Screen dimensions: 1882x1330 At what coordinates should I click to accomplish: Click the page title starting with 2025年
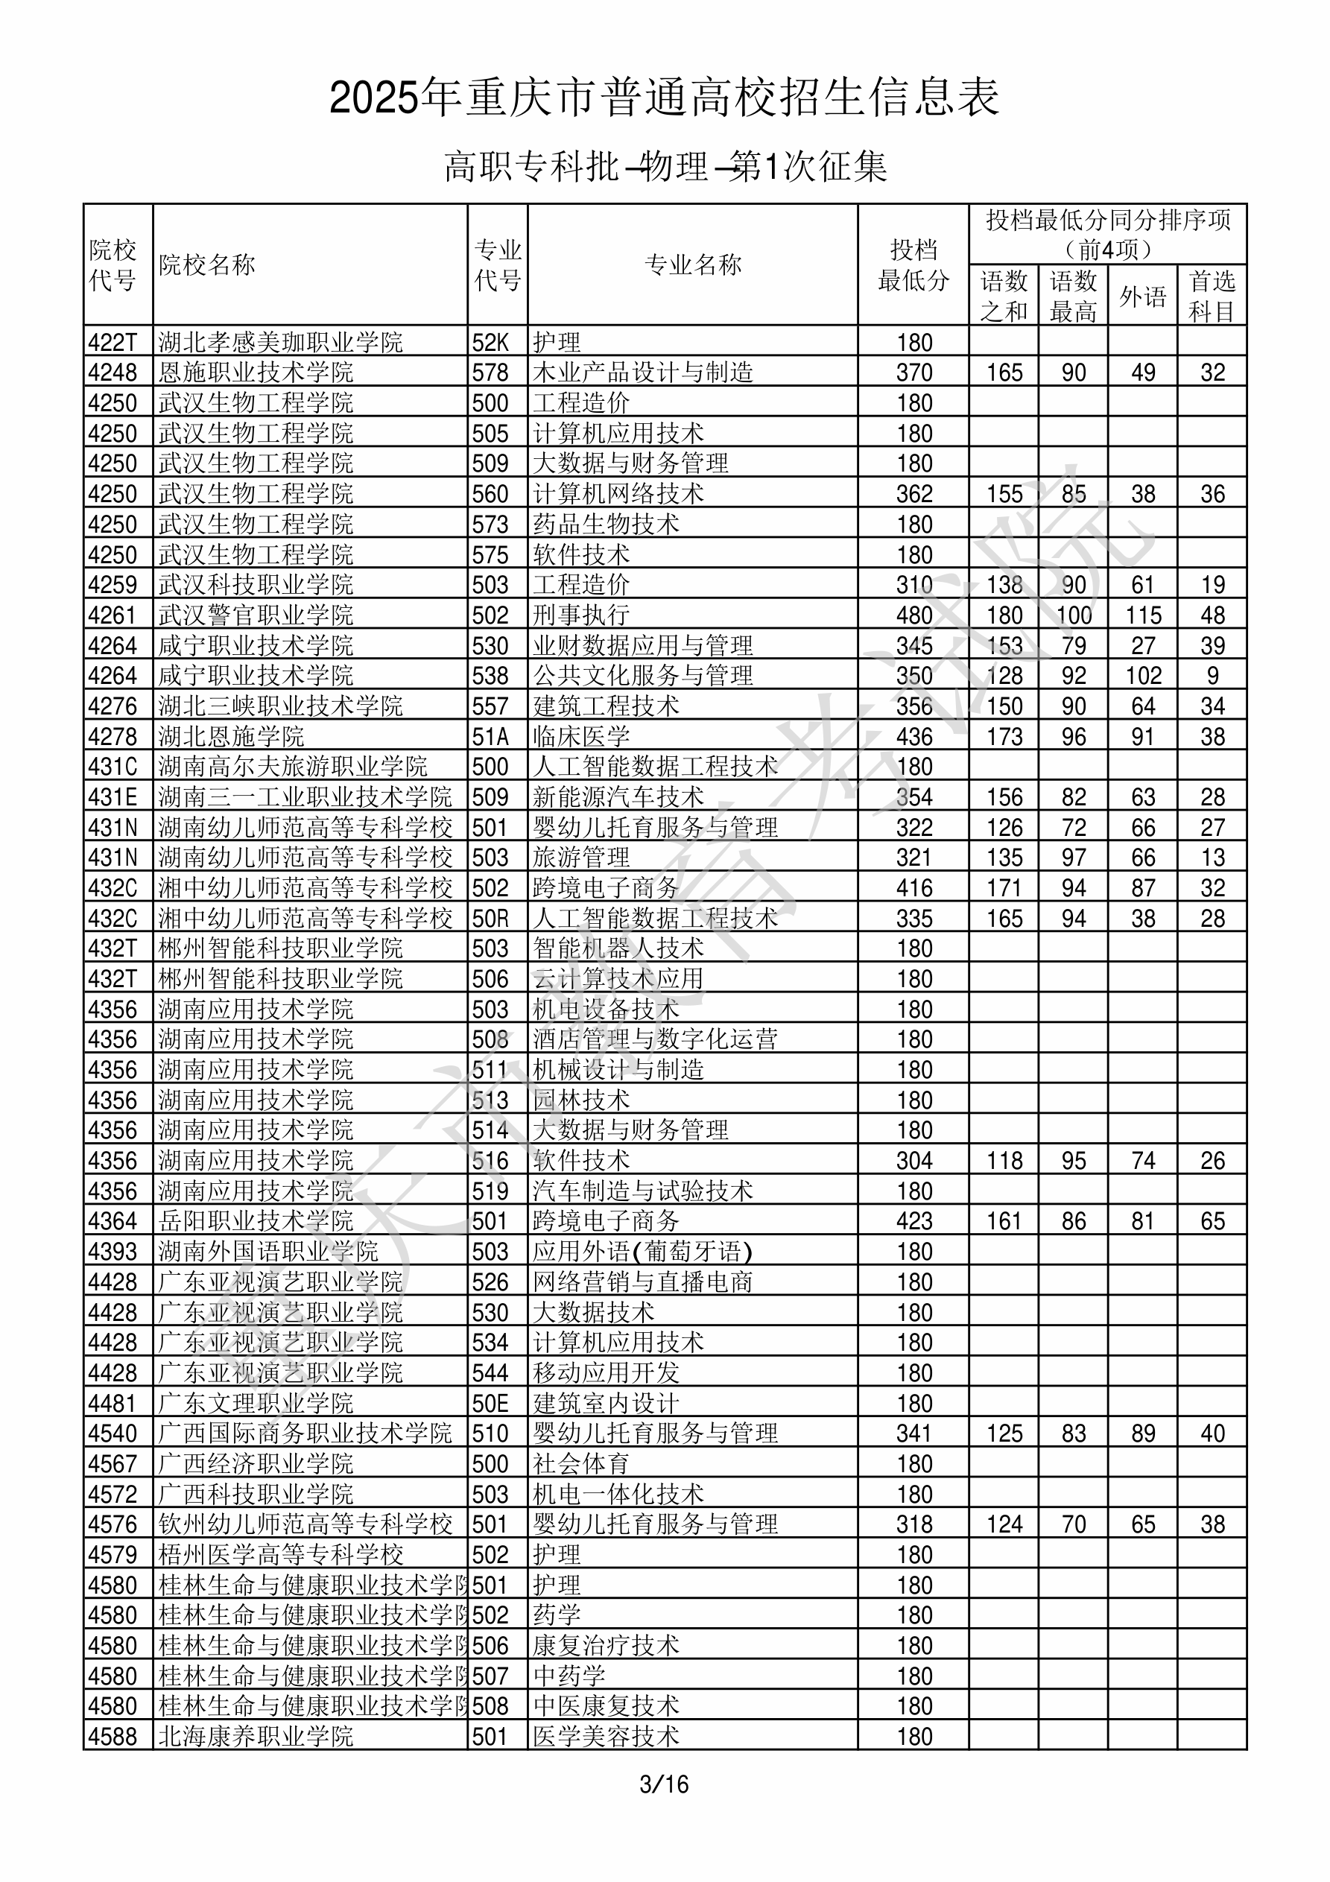664,98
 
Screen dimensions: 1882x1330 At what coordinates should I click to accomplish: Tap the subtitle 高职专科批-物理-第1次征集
664,166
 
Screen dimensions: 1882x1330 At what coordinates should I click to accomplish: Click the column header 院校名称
206,264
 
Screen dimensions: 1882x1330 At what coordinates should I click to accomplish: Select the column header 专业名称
693,264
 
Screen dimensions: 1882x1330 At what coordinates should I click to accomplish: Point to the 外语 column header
1142,296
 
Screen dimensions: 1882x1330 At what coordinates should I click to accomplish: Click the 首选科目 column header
1212,296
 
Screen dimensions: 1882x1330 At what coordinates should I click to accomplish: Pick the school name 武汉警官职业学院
255,615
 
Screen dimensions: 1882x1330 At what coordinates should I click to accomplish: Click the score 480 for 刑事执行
913,615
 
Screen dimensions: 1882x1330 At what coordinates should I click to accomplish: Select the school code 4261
113,615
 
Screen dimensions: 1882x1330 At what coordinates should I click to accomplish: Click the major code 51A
490,736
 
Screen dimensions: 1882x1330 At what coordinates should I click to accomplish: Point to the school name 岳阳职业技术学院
255,1220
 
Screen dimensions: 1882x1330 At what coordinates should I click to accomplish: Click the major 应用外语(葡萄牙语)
642,1251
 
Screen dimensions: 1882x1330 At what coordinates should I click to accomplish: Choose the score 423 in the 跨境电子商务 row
913,1220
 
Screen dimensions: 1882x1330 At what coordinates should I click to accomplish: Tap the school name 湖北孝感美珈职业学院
279,342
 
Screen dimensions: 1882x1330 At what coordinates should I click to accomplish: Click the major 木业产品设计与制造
642,372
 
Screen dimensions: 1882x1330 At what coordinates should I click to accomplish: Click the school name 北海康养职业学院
255,1735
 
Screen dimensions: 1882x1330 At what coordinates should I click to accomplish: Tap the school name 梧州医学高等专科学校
279,1554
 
